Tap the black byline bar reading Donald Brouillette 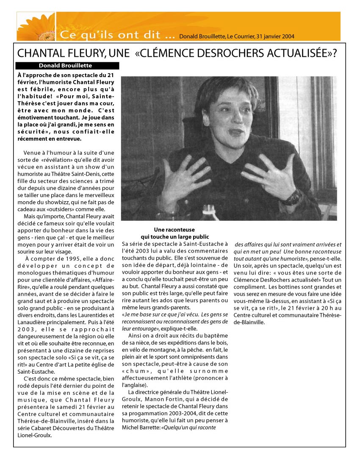click(x=67, y=66)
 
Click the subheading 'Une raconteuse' click(x=174, y=230)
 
